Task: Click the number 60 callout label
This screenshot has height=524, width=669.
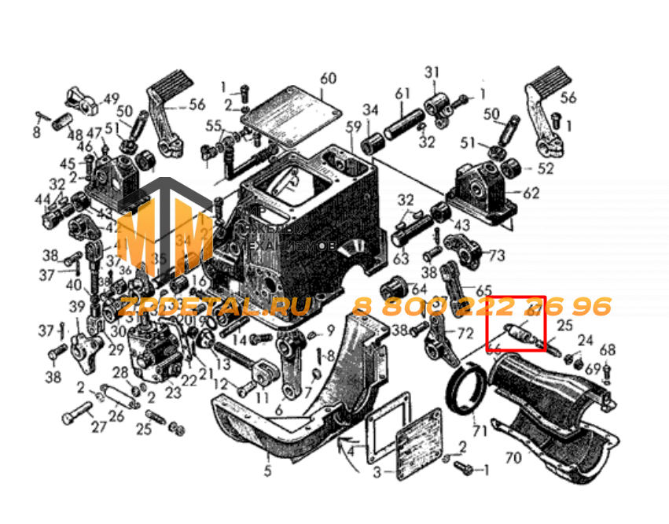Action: tap(328, 79)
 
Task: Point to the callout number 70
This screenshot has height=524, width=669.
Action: tap(513, 456)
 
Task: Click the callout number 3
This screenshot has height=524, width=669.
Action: tap(377, 472)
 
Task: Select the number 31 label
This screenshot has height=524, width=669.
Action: tap(431, 73)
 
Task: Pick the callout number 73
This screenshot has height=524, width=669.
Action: tap(497, 256)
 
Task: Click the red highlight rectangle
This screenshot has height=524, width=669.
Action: tap(516, 324)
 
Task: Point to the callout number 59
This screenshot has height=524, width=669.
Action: tap(354, 127)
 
